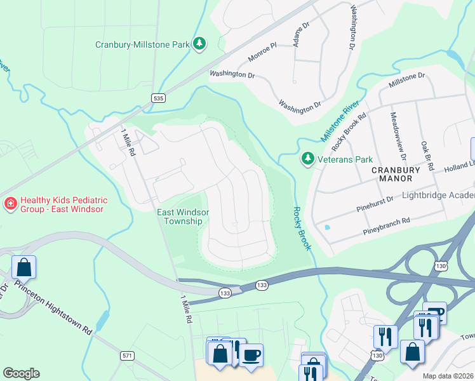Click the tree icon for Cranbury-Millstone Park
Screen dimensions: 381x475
coord(200,43)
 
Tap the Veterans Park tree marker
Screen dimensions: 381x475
coord(308,158)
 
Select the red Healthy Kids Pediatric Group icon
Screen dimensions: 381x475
coord(10,203)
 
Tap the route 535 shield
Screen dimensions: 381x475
coord(158,98)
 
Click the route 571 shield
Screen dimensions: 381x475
coord(127,356)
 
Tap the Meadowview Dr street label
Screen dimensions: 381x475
coord(397,136)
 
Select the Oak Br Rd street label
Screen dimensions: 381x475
coord(426,156)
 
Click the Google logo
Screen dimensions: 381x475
coord(21,373)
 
